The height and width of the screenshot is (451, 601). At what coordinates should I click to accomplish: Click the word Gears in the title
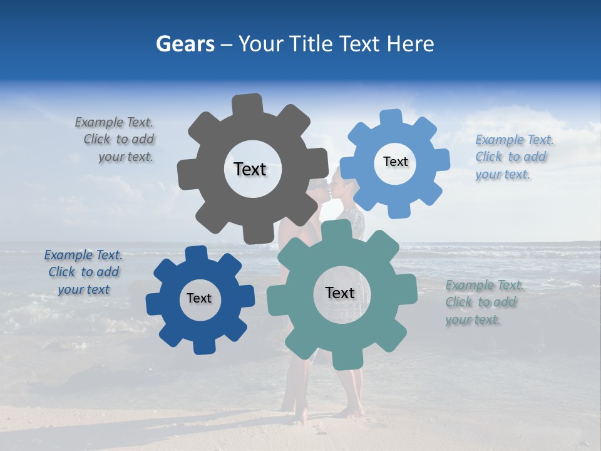[184, 44]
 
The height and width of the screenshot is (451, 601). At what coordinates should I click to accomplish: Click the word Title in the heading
[316, 44]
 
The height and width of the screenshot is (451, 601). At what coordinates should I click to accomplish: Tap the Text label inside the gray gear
[250, 169]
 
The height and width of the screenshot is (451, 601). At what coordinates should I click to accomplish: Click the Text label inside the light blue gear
[395, 162]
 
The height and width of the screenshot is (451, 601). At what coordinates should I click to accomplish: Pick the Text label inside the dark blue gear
[199, 299]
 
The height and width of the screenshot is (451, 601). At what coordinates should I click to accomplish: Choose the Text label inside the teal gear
[340, 293]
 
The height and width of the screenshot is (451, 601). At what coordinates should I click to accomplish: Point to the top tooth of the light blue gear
[390, 118]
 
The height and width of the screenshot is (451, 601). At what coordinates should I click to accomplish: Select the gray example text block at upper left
[116, 140]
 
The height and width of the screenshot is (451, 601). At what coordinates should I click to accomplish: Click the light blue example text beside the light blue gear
[513, 157]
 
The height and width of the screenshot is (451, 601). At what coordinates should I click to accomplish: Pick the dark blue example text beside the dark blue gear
[83, 272]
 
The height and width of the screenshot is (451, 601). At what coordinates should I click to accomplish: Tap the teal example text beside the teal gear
[484, 303]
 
